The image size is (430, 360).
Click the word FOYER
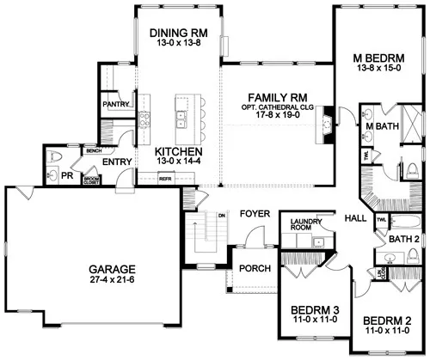point(255,212)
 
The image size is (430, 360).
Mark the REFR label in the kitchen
point(166,179)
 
